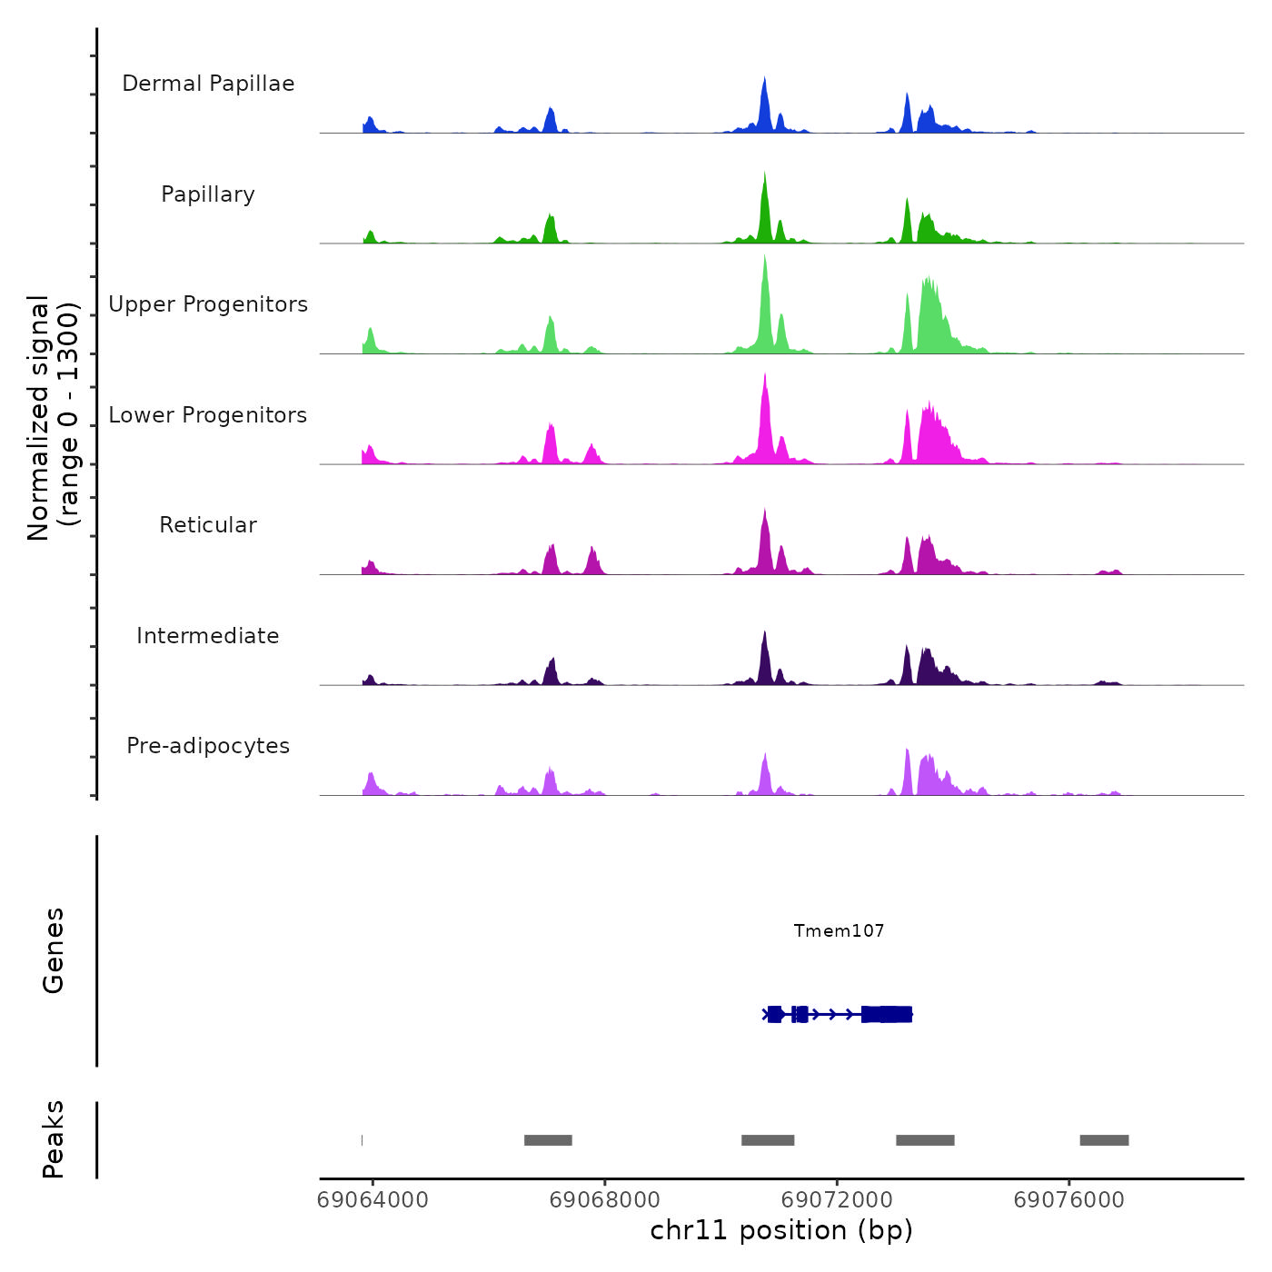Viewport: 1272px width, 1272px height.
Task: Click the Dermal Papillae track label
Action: (x=208, y=84)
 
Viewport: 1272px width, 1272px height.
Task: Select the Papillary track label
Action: (x=208, y=194)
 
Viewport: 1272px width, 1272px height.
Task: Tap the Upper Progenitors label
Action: (x=208, y=304)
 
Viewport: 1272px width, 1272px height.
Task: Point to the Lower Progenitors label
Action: (x=208, y=415)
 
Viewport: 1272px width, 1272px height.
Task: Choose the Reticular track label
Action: (x=208, y=525)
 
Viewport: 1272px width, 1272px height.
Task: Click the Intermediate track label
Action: (x=208, y=636)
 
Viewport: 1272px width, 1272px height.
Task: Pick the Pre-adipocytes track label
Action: (x=208, y=746)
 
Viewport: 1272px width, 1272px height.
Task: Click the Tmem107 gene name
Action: (x=839, y=930)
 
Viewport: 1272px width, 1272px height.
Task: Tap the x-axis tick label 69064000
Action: (x=373, y=1200)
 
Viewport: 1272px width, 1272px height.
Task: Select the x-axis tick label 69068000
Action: (x=604, y=1200)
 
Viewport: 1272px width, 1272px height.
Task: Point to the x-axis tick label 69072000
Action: (x=837, y=1200)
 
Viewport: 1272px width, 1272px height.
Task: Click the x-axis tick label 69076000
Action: (x=1068, y=1200)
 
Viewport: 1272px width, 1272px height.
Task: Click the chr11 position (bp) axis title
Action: (x=781, y=1230)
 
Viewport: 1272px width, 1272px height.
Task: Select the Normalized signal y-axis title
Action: (x=53, y=418)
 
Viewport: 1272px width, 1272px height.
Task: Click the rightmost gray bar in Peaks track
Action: (x=1104, y=1140)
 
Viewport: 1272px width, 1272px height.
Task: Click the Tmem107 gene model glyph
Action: (x=837, y=1014)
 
